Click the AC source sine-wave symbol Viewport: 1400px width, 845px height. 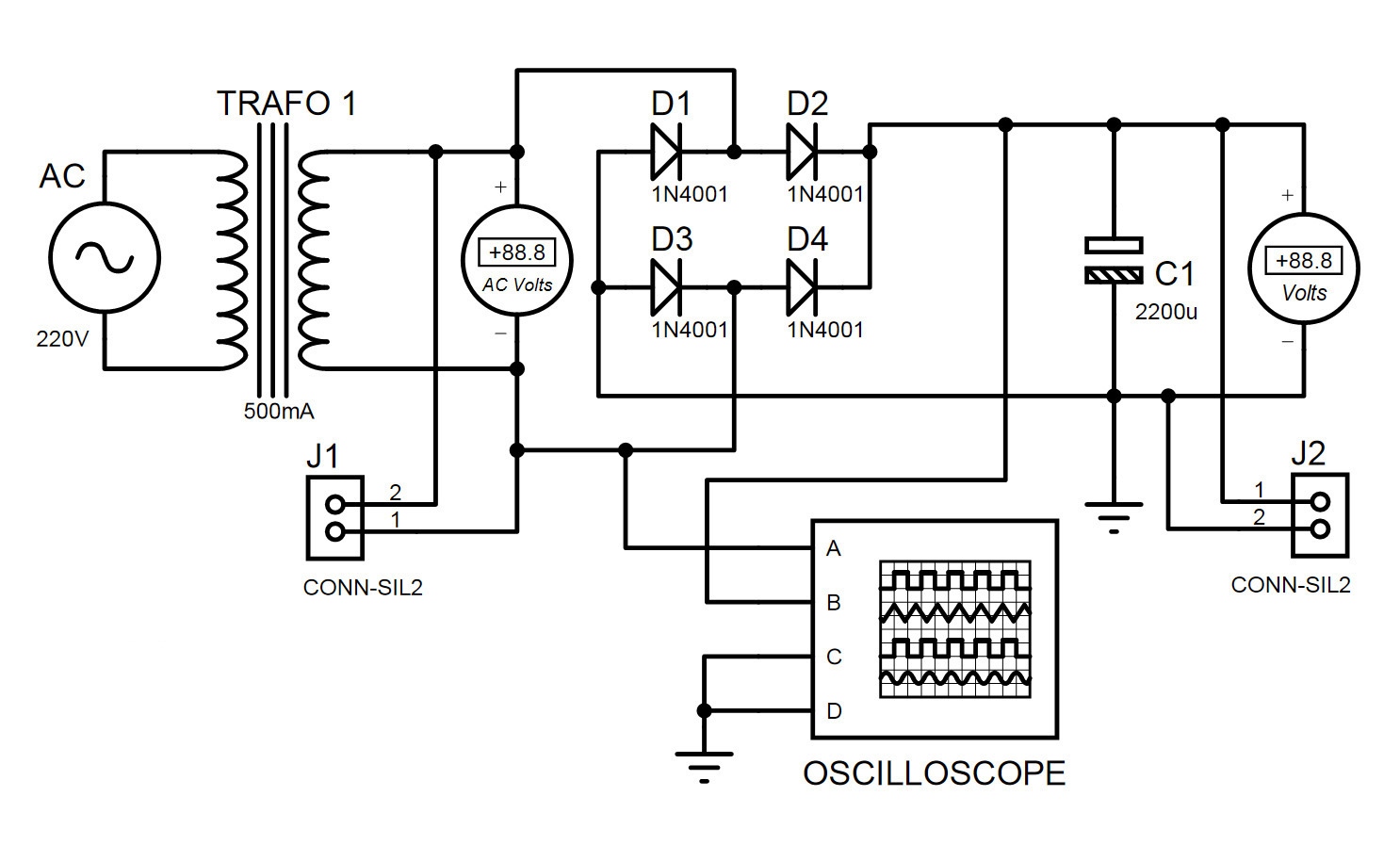(104, 257)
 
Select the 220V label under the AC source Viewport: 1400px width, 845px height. (62, 339)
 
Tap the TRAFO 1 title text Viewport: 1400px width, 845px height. (286, 104)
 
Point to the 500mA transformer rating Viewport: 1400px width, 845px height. (279, 412)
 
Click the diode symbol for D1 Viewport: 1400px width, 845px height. (666, 152)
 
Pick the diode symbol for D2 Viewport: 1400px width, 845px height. (802, 152)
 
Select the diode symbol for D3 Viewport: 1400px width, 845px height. (666, 287)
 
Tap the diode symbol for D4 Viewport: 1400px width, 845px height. (802, 287)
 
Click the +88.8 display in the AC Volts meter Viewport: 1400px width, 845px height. (516, 252)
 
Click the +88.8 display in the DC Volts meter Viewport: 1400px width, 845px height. (1303, 261)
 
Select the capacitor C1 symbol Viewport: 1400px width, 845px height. (1114, 261)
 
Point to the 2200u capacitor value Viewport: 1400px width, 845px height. (1165, 312)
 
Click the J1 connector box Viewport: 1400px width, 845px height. (334, 517)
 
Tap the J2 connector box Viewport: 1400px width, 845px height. (1320, 515)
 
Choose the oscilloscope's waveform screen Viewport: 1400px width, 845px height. (954, 629)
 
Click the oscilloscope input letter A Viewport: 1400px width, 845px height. (833, 548)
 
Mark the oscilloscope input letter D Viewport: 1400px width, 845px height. (834, 711)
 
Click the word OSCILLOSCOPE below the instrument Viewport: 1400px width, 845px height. (934, 773)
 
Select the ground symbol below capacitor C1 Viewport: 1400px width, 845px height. (1114, 515)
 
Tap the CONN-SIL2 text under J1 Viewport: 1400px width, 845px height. (363, 588)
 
